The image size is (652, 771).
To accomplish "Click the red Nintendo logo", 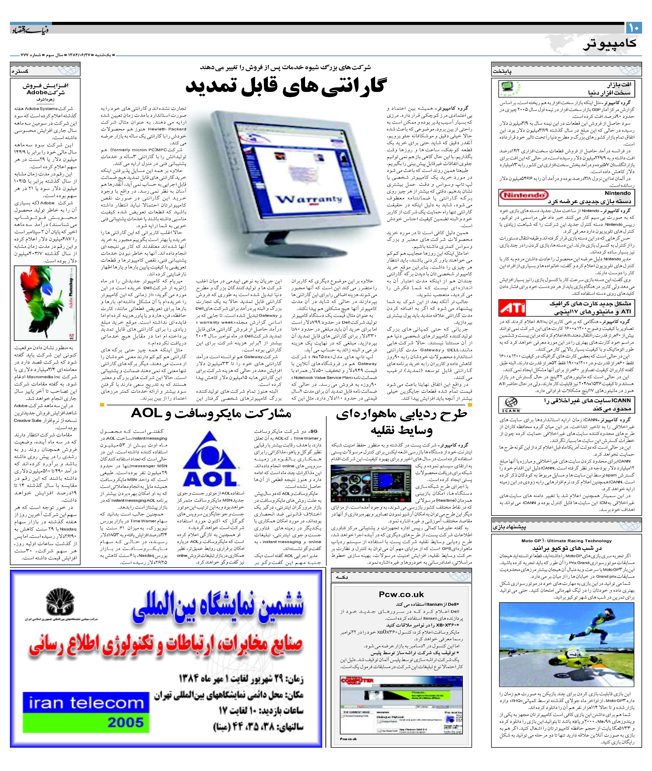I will tap(524, 195).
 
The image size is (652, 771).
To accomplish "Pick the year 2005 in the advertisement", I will tap(126, 722).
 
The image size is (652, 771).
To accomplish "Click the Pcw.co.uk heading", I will tap(401, 594).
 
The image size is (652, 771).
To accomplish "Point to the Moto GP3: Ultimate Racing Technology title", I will tap(566, 541).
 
